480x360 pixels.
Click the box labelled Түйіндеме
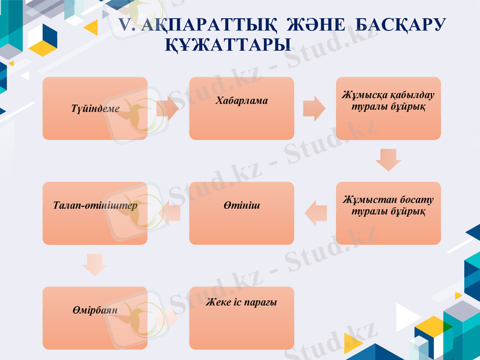[95, 108]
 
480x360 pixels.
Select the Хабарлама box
[242, 108]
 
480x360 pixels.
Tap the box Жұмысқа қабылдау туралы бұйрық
[388, 108]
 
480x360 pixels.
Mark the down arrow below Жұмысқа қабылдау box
[388, 160]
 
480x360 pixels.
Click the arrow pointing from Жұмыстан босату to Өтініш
[316, 213]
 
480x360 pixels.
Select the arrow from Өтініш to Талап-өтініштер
[169, 213]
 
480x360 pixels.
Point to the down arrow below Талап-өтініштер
[95, 265]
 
